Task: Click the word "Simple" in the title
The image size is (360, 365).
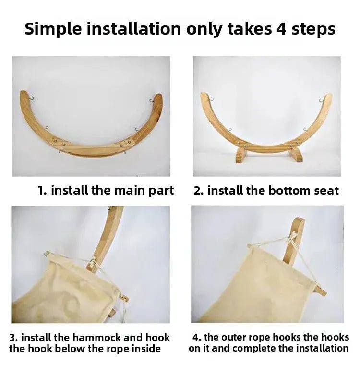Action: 53,30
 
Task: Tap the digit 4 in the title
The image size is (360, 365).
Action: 282,29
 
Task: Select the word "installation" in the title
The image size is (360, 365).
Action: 134,29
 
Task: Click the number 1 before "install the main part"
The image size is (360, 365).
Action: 42,190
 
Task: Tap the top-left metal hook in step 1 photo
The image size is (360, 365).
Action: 32,98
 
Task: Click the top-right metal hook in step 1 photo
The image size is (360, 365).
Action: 152,101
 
